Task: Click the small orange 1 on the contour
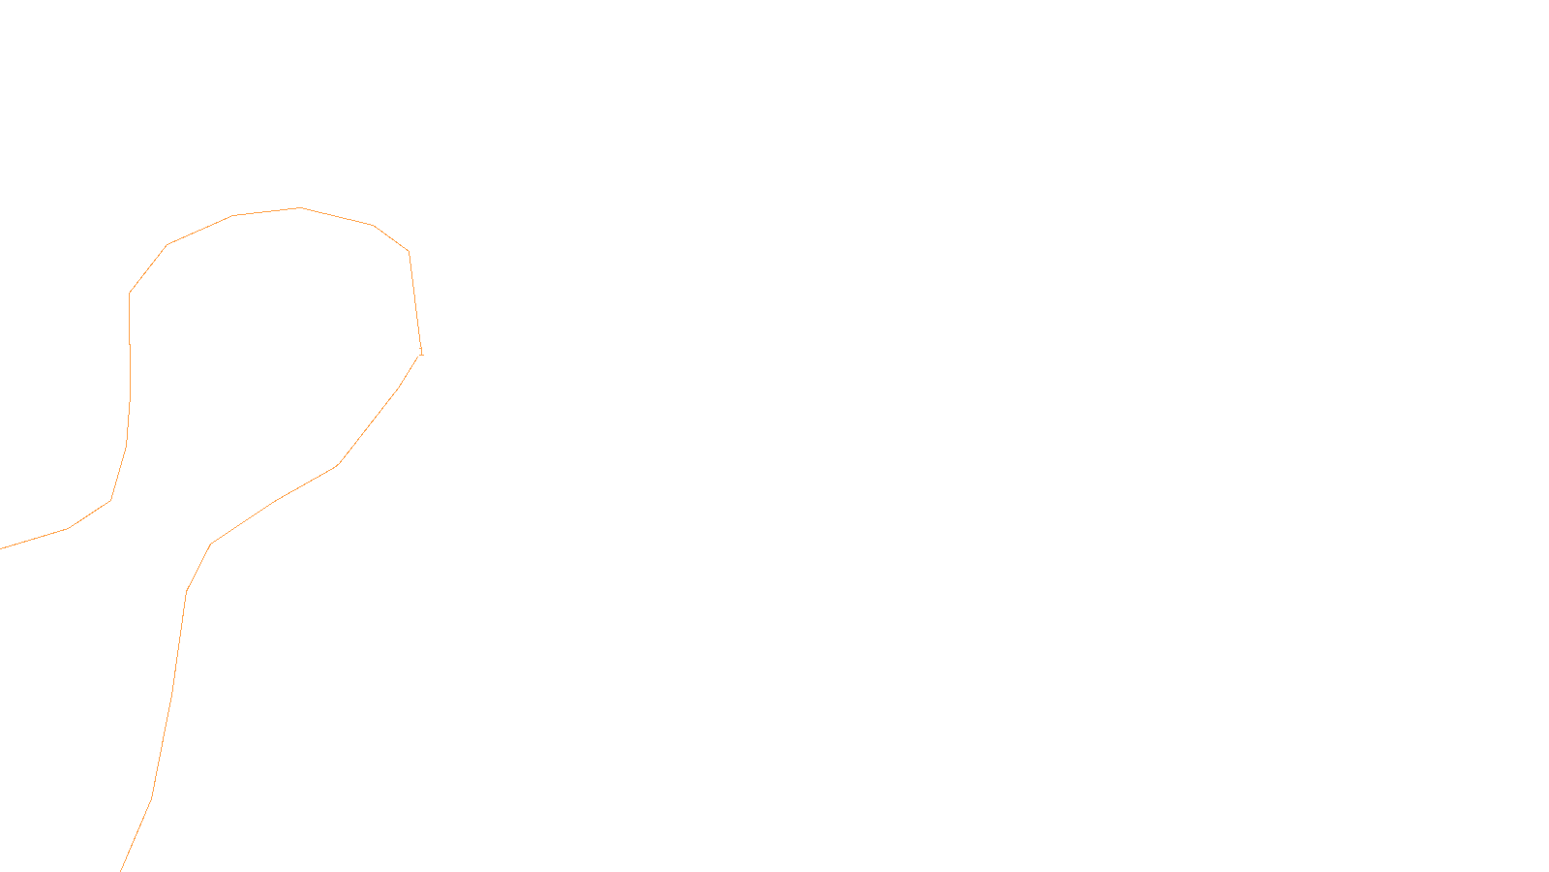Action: [421, 352]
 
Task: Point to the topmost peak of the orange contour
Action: [300, 207]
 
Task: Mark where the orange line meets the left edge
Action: [1, 548]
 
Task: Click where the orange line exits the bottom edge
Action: [121, 870]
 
